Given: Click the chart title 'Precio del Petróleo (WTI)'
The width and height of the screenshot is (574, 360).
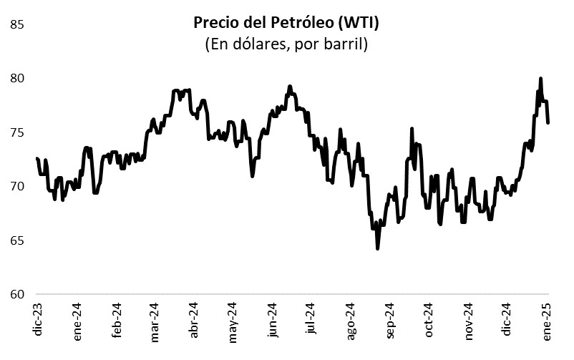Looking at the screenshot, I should [286, 23].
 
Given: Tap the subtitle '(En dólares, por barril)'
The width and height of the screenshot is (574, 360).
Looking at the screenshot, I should [286, 44].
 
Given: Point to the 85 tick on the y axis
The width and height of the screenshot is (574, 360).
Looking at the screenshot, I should [18, 24].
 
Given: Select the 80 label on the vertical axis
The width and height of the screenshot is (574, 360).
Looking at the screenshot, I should [18, 78].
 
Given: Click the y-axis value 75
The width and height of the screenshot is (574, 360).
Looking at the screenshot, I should [18, 132].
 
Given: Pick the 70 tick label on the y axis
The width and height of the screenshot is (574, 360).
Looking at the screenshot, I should [18, 186].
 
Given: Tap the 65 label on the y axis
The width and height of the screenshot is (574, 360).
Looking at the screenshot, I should [18, 240].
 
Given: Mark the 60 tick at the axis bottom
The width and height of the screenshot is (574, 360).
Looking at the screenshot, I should [18, 294].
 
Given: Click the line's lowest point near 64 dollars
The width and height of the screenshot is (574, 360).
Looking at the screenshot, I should [377, 248].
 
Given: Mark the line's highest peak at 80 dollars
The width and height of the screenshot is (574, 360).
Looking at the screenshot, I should [540, 79].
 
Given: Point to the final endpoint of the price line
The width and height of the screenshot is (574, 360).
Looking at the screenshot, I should [548, 122].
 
